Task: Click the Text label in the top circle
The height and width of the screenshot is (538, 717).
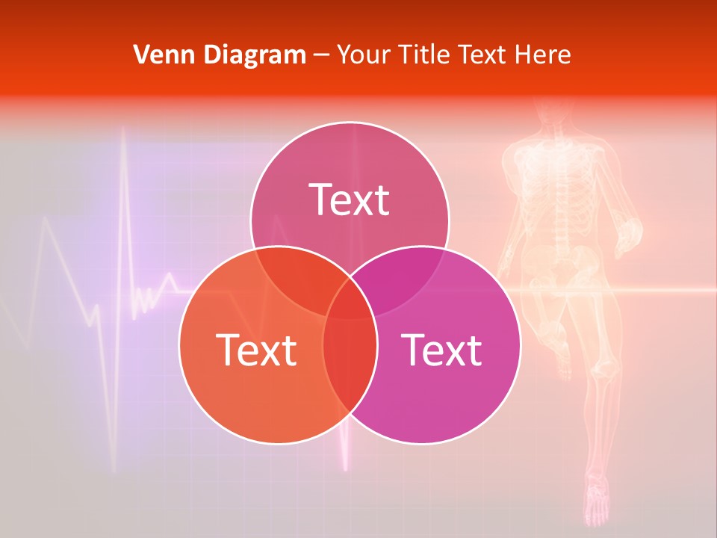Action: [350, 200]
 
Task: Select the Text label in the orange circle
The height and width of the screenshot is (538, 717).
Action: [256, 349]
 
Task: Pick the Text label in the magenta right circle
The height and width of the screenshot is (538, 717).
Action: [441, 349]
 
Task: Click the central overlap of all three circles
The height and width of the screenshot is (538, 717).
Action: [350, 302]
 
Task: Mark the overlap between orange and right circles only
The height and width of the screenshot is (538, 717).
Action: [350, 366]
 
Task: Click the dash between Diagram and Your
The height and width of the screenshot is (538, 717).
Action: [321, 55]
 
